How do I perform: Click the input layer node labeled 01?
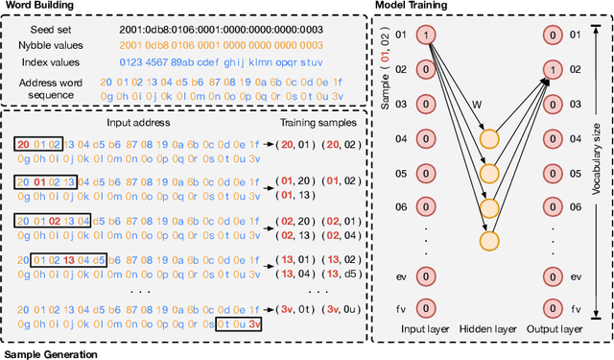427,36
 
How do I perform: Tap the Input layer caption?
426,329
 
